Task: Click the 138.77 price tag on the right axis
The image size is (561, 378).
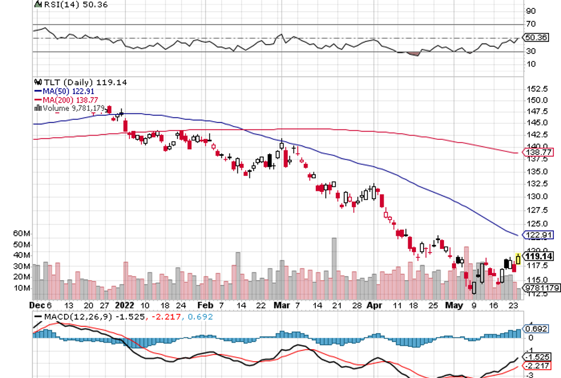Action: click(539, 152)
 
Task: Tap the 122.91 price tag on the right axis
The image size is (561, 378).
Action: click(539, 234)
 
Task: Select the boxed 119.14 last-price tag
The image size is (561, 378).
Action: click(539, 256)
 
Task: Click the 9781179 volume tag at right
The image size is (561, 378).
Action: click(542, 288)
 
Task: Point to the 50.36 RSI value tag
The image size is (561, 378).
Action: click(536, 38)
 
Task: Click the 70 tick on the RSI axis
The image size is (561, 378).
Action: click(531, 25)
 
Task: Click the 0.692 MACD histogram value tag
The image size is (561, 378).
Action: click(536, 328)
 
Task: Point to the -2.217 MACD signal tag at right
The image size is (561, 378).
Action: click(538, 365)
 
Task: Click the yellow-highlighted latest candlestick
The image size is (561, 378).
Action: click(518, 259)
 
